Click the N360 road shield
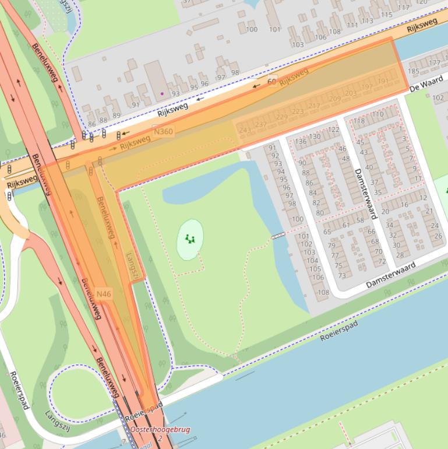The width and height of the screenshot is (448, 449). pyautogui.click(x=163, y=131)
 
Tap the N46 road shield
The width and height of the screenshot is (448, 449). pyautogui.click(x=104, y=294)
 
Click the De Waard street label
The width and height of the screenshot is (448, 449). pyautogui.click(x=422, y=86)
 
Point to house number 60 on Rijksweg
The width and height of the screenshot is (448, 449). pyautogui.click(x=272, y=82)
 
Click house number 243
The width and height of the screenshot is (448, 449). pyautogui.click(x=245, y=129)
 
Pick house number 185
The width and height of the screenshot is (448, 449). pyautogui.click(x=413, y=72)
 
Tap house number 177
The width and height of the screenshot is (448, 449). pyautogui.click(x=435, y=62)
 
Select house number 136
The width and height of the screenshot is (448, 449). pyautogui.click(x=301, y=141)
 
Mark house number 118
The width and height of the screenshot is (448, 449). pyautogui.click(x=359, y=121)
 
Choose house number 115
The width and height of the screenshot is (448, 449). pyautogui.click(x=386, y=15)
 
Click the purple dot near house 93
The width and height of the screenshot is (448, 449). pyautogui.click(x=162, y=93)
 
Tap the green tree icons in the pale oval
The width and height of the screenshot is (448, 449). pyautogui.click(x=189, y=238)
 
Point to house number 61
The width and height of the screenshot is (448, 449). pyautogui.click(x=346, y=225)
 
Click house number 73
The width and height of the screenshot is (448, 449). pyautogui.click(x=341, y=276)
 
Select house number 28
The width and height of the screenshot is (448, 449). pyautogui.click(x=400, y=254)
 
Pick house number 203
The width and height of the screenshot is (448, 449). pyautogui.click(x=350, y=93)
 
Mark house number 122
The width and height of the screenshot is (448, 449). pyautogui.click(x=333, y=129)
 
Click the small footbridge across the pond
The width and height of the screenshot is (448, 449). pyautogui.click(x=278, y=236)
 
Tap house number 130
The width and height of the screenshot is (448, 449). pyautogui.click(x=315, y=136)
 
